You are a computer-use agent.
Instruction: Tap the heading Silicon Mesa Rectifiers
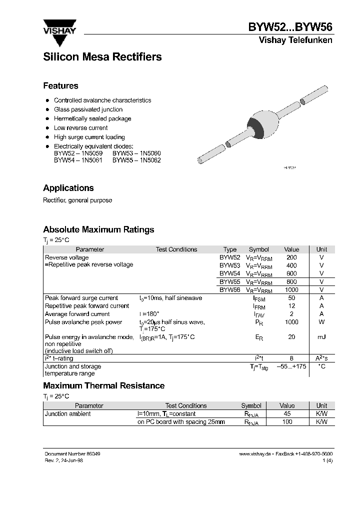102,57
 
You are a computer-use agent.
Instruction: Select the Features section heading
60,85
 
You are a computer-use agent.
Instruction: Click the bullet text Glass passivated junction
88,109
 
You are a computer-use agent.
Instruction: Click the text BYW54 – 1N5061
77,160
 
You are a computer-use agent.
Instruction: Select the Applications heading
68,188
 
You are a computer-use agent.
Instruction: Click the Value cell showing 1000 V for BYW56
291,290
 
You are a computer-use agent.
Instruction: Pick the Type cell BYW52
230,257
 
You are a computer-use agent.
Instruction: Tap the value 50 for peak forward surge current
291,298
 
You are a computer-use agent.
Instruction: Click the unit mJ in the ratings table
321,337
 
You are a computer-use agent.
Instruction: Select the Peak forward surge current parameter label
81,298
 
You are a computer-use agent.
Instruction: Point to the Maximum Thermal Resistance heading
104,385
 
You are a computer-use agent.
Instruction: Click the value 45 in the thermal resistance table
287,414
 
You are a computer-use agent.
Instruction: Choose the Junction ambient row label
68,414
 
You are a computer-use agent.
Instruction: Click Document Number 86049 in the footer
68,453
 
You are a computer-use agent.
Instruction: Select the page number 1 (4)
327,460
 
